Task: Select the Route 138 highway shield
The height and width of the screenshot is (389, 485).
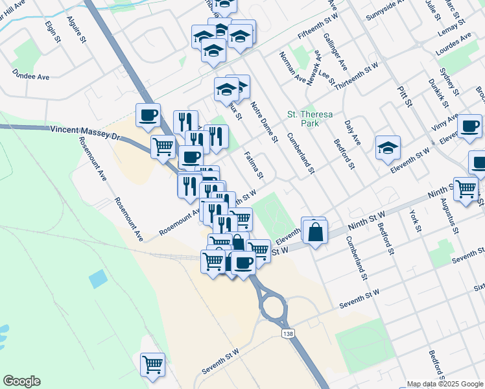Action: point(287,333)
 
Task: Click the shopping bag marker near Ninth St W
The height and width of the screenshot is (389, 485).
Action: point(314,232)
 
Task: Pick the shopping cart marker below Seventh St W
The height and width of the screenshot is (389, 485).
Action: point(152,364)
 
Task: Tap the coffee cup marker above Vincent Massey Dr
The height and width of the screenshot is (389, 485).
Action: point(148,115)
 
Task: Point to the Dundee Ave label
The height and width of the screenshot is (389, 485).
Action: point(30,77)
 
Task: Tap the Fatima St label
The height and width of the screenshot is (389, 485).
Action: point(254,165)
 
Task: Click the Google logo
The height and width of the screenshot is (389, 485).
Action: point(21,381)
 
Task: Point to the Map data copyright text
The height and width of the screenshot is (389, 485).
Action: point(445,384)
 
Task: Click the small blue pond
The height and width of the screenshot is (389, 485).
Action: point(99,279)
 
